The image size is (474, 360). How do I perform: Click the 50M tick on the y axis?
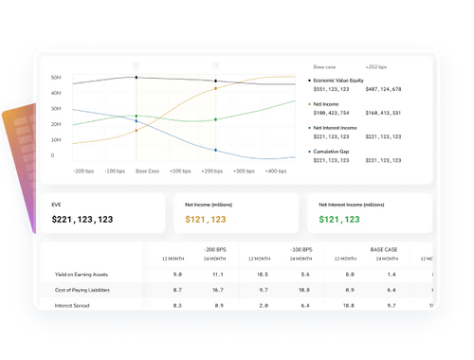click(x=57, y=77)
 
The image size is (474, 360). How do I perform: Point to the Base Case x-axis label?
click(x=147, y=171)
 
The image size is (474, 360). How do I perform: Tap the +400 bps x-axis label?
click(x=276, y=171)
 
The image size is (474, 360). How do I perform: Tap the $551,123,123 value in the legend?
click(x=333, y=88)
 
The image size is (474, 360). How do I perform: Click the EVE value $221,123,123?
click(x=82, y=219)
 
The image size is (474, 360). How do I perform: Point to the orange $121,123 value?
click(x=205, y=219)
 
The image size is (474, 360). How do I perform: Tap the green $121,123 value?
click(x=338, y=219)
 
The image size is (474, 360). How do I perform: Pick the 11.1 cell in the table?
click(x=217, y=274)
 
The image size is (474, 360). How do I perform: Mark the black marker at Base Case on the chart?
click(x=136, y=78)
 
